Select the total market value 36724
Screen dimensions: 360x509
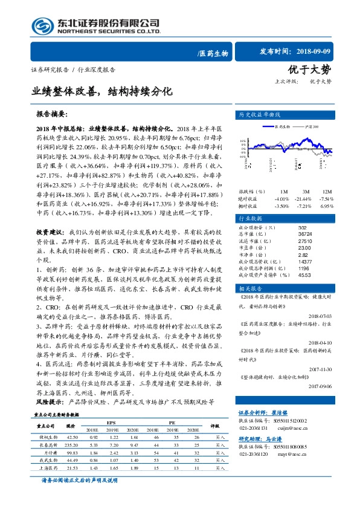305,233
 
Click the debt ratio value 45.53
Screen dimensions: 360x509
305,275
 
